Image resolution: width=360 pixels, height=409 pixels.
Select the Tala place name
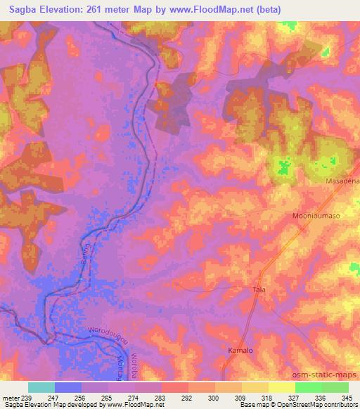[259, 289]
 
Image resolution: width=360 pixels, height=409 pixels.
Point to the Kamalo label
[240, 349]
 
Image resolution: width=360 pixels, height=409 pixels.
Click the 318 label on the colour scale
[265, 398]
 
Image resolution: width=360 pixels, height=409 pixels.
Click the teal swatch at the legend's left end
[41, 387]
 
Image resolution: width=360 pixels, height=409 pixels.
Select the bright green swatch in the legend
[308, 387]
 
